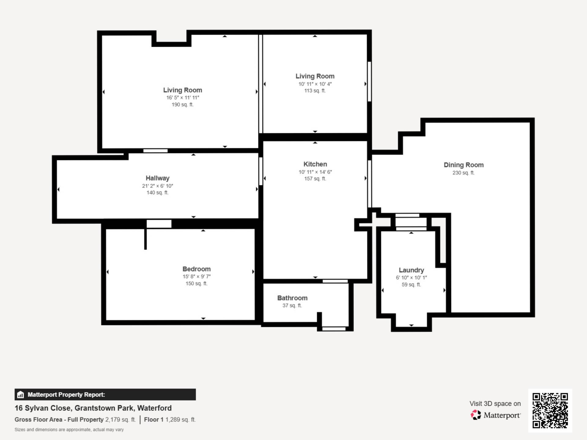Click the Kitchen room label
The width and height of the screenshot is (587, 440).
315,164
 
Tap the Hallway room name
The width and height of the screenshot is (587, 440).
157,178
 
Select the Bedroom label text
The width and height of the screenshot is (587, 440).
197,269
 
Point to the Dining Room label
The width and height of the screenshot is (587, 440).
463,165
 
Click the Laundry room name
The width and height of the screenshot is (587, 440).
411,270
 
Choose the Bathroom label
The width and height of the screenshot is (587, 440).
292,298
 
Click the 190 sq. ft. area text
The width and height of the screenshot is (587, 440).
183,105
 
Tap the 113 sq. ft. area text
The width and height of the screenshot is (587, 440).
315,90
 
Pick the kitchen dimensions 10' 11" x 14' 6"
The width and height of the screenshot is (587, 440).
315,172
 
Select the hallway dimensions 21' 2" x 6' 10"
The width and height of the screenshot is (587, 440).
157,186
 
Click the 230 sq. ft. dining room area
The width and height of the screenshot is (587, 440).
463,173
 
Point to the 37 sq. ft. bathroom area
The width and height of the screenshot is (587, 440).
292,306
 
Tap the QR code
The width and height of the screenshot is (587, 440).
550,410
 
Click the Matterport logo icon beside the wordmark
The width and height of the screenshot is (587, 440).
476,415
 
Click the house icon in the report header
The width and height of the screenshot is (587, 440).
20,394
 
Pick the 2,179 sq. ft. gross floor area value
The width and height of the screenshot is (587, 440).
120,420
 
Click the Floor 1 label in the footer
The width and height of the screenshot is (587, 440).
154,420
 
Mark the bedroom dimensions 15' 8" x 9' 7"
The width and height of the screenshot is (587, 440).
197,277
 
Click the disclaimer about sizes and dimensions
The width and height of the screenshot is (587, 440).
69,430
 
